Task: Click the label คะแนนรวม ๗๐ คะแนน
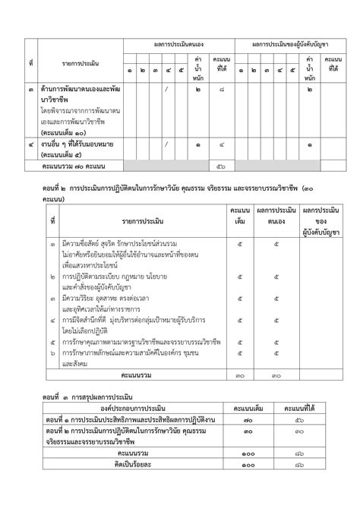point(74,166)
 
